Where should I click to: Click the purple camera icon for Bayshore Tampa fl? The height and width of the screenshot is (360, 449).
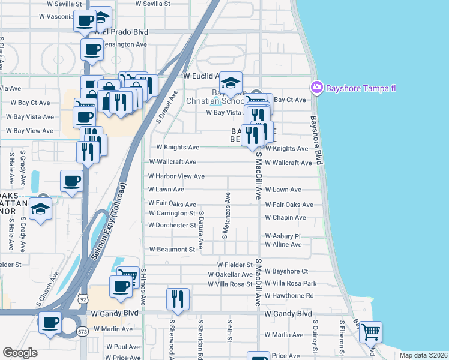(316, 88)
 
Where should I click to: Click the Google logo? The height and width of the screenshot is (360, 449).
(20, 353)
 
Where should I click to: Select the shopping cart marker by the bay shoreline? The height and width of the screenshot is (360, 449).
(371, 332)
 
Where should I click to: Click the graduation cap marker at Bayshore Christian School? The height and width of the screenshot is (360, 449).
(230, 83)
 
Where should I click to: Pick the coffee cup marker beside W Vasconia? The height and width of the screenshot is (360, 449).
(84, 21)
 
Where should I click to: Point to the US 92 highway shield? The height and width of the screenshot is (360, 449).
(83, 298)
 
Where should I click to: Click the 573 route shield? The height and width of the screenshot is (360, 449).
(83, 331)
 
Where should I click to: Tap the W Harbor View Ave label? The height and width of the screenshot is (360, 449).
(177, 176)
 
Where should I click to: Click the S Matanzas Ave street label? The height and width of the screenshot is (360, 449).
(227, 215)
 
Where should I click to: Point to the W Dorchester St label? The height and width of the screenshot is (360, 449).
(172, 226)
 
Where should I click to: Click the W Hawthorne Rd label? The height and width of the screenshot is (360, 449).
(289, 295)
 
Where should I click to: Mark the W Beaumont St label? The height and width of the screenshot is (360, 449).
(173, 249)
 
